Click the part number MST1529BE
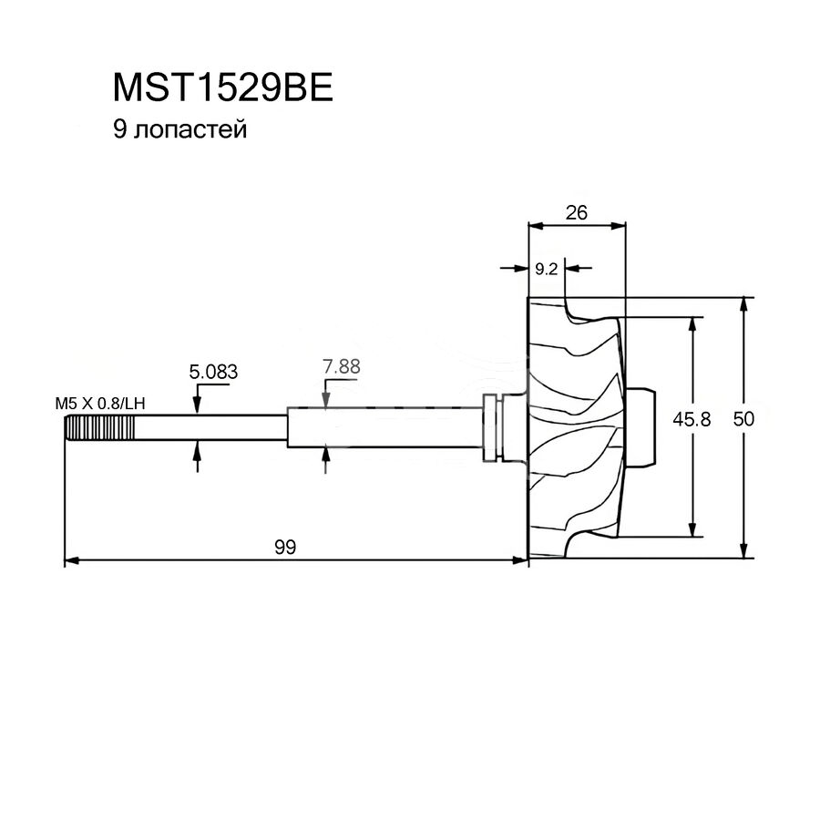coord(223,87)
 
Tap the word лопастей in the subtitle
coord(190,129)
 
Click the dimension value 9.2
coord(547,269)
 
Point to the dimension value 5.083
coord(213,372)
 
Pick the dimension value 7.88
coord(342,366)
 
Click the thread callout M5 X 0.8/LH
coord(100,404)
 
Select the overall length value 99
coord(285,547)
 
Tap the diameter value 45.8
coord(692,418)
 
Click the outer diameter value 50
coord(743,418)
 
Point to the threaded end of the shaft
coord(99,428)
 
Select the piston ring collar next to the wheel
coord(493,427)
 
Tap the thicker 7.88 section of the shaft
coord(384,427)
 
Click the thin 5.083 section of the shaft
coord(210,428)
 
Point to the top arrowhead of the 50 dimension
coord(743,304)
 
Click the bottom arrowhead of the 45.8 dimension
coord(692,529)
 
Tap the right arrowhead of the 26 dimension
coord(619,226)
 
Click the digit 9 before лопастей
coord(119,129)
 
